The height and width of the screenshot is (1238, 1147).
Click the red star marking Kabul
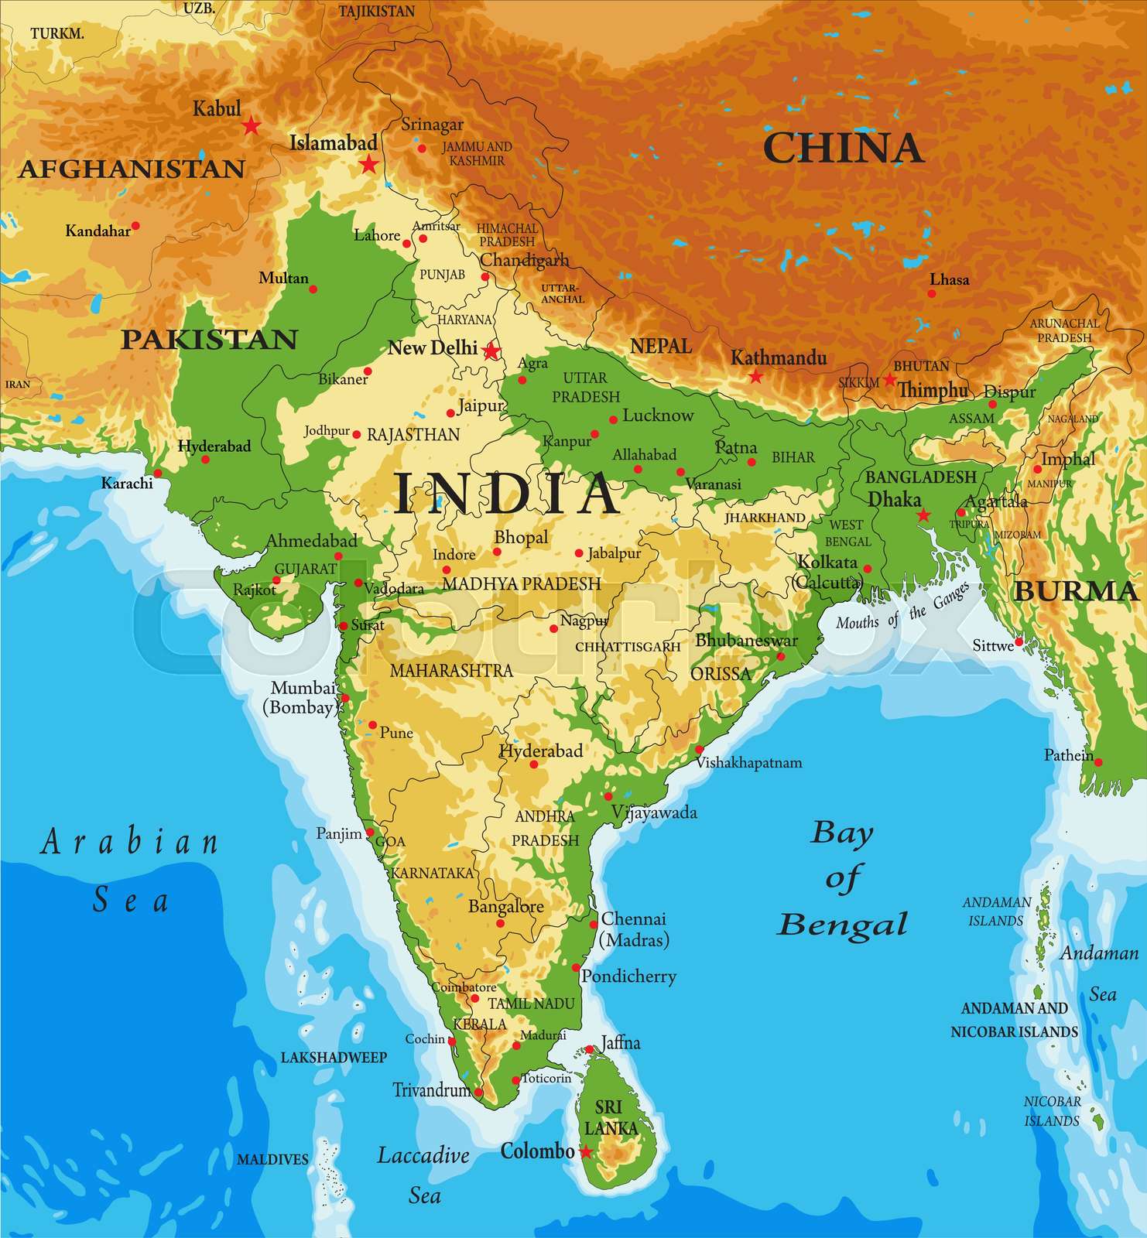point(251,125)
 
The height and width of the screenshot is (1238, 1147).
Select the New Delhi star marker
point(491,351)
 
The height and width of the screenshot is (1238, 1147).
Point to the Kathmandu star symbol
point(755,377)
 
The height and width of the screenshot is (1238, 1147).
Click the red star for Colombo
point(586,1152)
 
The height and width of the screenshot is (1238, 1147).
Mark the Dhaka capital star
point(923,515)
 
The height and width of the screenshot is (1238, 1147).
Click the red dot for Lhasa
point(931,293)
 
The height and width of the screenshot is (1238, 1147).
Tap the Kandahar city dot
point(135,226)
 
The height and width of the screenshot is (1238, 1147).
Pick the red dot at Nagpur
point(553,628)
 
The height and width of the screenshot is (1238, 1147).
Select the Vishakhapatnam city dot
point(699,749)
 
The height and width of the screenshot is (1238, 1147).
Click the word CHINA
point(843,148)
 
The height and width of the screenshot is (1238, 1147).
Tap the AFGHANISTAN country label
point(131,169)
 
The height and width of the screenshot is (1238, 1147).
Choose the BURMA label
point(1075,591)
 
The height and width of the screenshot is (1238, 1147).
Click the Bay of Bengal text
point(842,878)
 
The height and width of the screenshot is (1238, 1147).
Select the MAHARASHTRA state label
point(451,670)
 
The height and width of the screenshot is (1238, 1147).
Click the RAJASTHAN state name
point(413,435)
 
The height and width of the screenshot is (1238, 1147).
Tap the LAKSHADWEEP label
point(334,1057)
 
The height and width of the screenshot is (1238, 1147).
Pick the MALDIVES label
point(272,1159)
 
